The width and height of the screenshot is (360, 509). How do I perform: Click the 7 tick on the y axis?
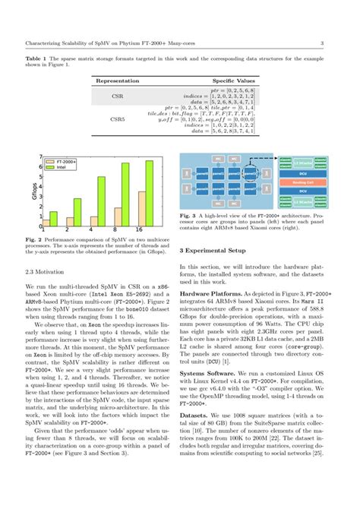point(40,156)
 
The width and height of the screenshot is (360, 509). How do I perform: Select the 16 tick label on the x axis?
point(137,228)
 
